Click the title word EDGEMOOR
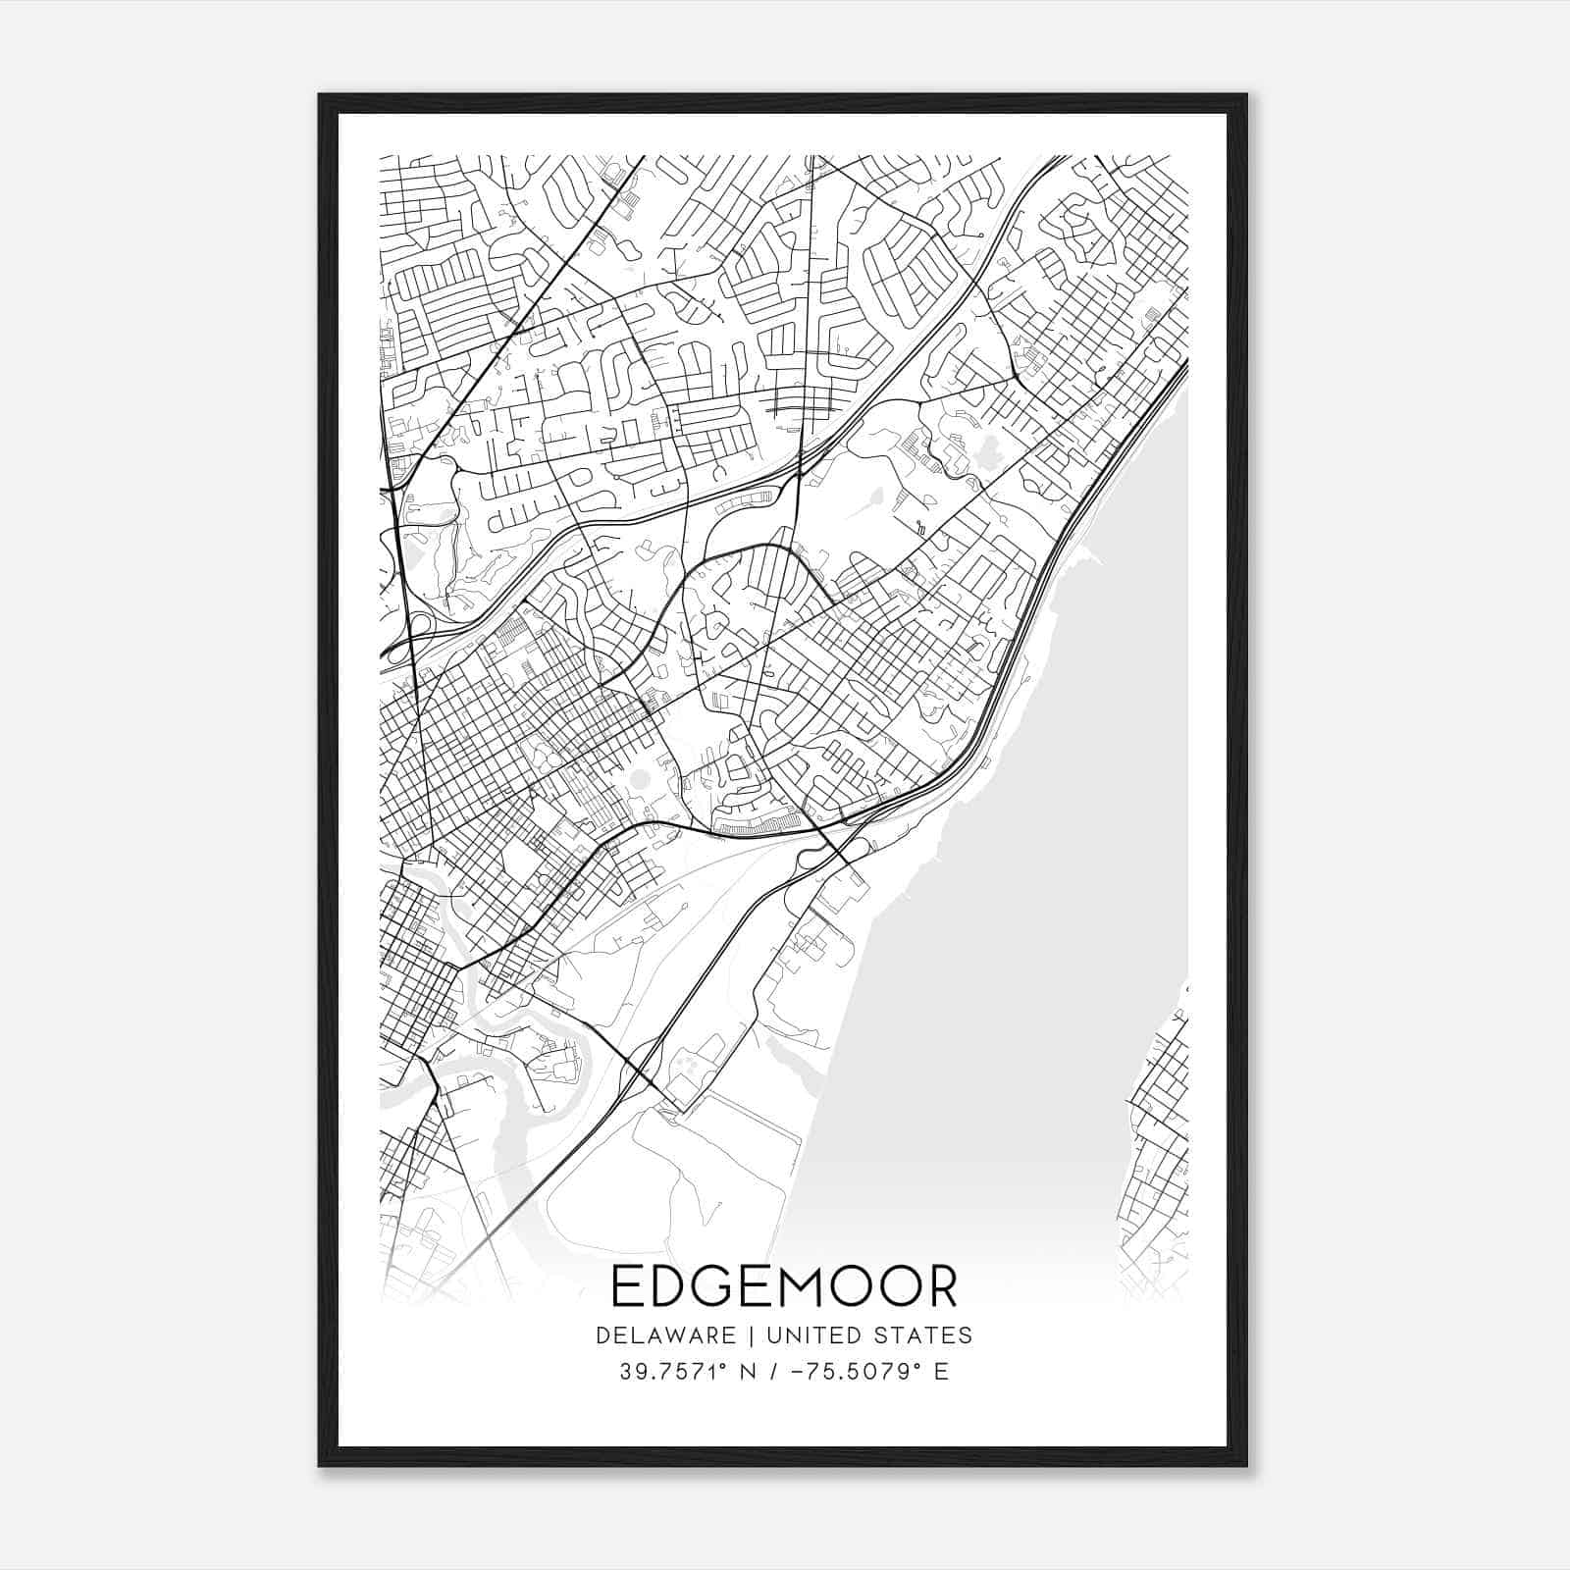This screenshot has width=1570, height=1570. (x=784, y=1287)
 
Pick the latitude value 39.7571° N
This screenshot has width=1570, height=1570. (x=686, y=1372)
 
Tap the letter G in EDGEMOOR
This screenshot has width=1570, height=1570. (x=717, y=1287)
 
